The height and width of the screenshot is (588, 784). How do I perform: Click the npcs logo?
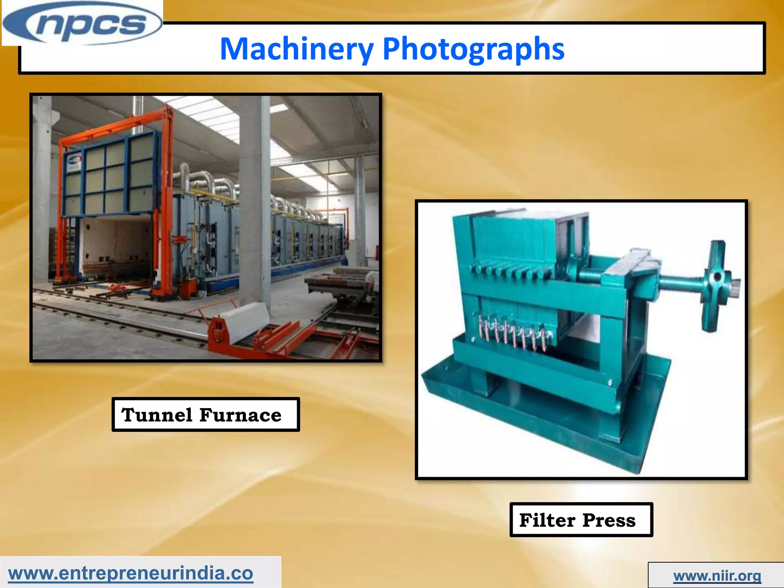pos(82,24)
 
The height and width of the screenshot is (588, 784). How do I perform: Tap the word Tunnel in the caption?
pos(157,415)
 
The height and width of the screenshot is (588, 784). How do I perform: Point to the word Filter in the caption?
pos(547,520)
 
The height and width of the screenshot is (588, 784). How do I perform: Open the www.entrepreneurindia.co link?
pos(131,573)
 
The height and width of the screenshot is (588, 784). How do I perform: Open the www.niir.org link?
pos(717,576)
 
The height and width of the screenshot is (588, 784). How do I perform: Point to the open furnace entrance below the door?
pos(115,245)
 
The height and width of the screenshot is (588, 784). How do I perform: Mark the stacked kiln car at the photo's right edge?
pos(345,287)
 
